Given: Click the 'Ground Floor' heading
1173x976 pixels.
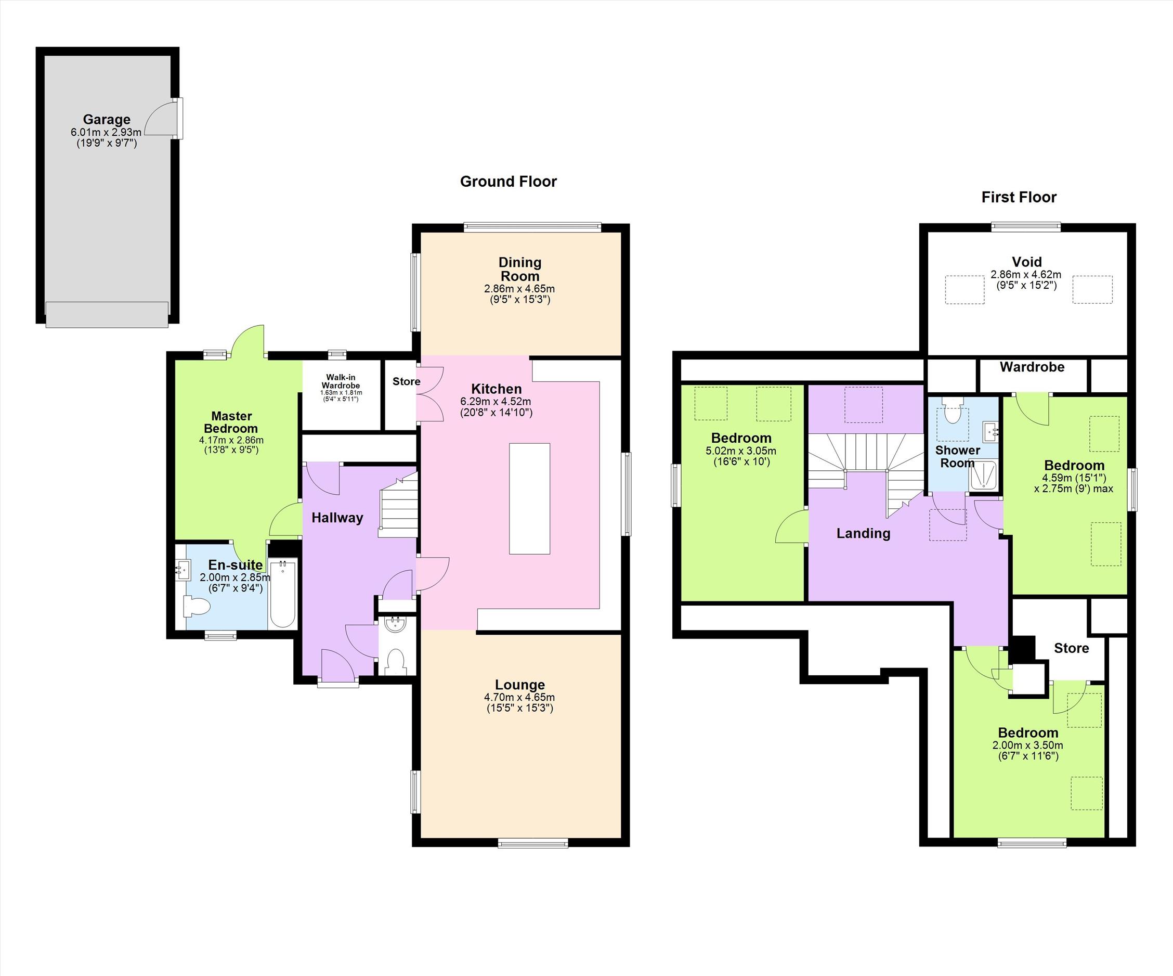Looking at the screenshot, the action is [x=509, y=182].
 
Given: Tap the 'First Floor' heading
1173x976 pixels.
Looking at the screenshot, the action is [x=1019, y=197].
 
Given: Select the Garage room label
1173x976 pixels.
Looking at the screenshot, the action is [x=107, y=119].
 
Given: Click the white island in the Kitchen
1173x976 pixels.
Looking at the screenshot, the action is [x=529, y=498].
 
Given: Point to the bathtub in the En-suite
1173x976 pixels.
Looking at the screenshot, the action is [x=283, y=593].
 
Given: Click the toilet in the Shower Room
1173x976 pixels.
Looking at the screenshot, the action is [x=952, y=411].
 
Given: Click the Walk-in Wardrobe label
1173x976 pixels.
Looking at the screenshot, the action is [x=341, y=381].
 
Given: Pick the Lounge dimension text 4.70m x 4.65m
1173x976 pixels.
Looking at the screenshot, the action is [x=519, y=698].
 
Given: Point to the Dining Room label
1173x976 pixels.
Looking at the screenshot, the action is [x=520, y=269].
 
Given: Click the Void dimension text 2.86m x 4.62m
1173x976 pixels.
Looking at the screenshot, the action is [x=1026, y=275].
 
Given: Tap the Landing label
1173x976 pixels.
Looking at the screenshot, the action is [x=863, y=533].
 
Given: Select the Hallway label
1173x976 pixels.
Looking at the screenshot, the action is [x=337, y=518].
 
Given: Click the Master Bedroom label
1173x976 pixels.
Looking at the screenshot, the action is [x=231, y=422].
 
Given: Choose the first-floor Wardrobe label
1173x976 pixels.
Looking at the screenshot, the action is [x=1032, y=367].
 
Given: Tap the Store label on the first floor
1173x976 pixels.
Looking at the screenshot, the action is [x=1071, y=648].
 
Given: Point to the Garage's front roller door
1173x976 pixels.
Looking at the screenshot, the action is [x=107, y=314].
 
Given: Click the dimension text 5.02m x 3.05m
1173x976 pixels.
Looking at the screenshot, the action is [x=741, y=451].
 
